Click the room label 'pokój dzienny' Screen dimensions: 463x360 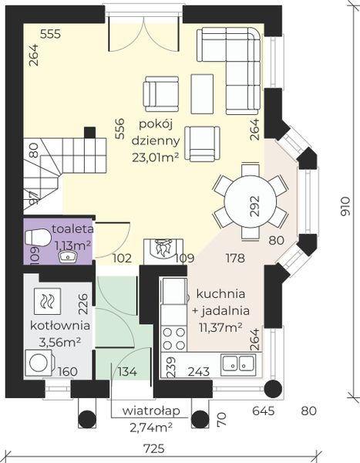160,133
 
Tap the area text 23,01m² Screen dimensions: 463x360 160,159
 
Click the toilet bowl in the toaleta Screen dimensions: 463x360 42,242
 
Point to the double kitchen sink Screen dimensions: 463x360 238,362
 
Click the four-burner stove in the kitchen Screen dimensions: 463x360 173,338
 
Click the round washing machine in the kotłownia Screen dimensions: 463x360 36,362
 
